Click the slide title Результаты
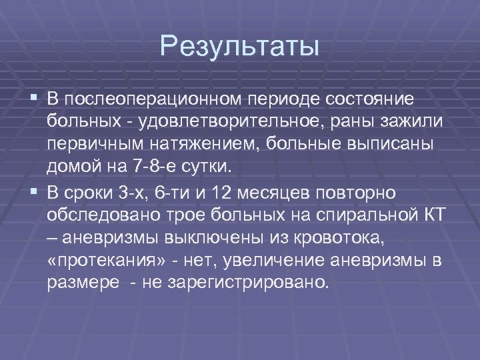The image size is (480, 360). (x=240, y=47)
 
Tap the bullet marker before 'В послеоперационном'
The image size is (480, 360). (x=34, y=99)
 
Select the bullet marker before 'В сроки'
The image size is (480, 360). (x=34, y=193)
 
